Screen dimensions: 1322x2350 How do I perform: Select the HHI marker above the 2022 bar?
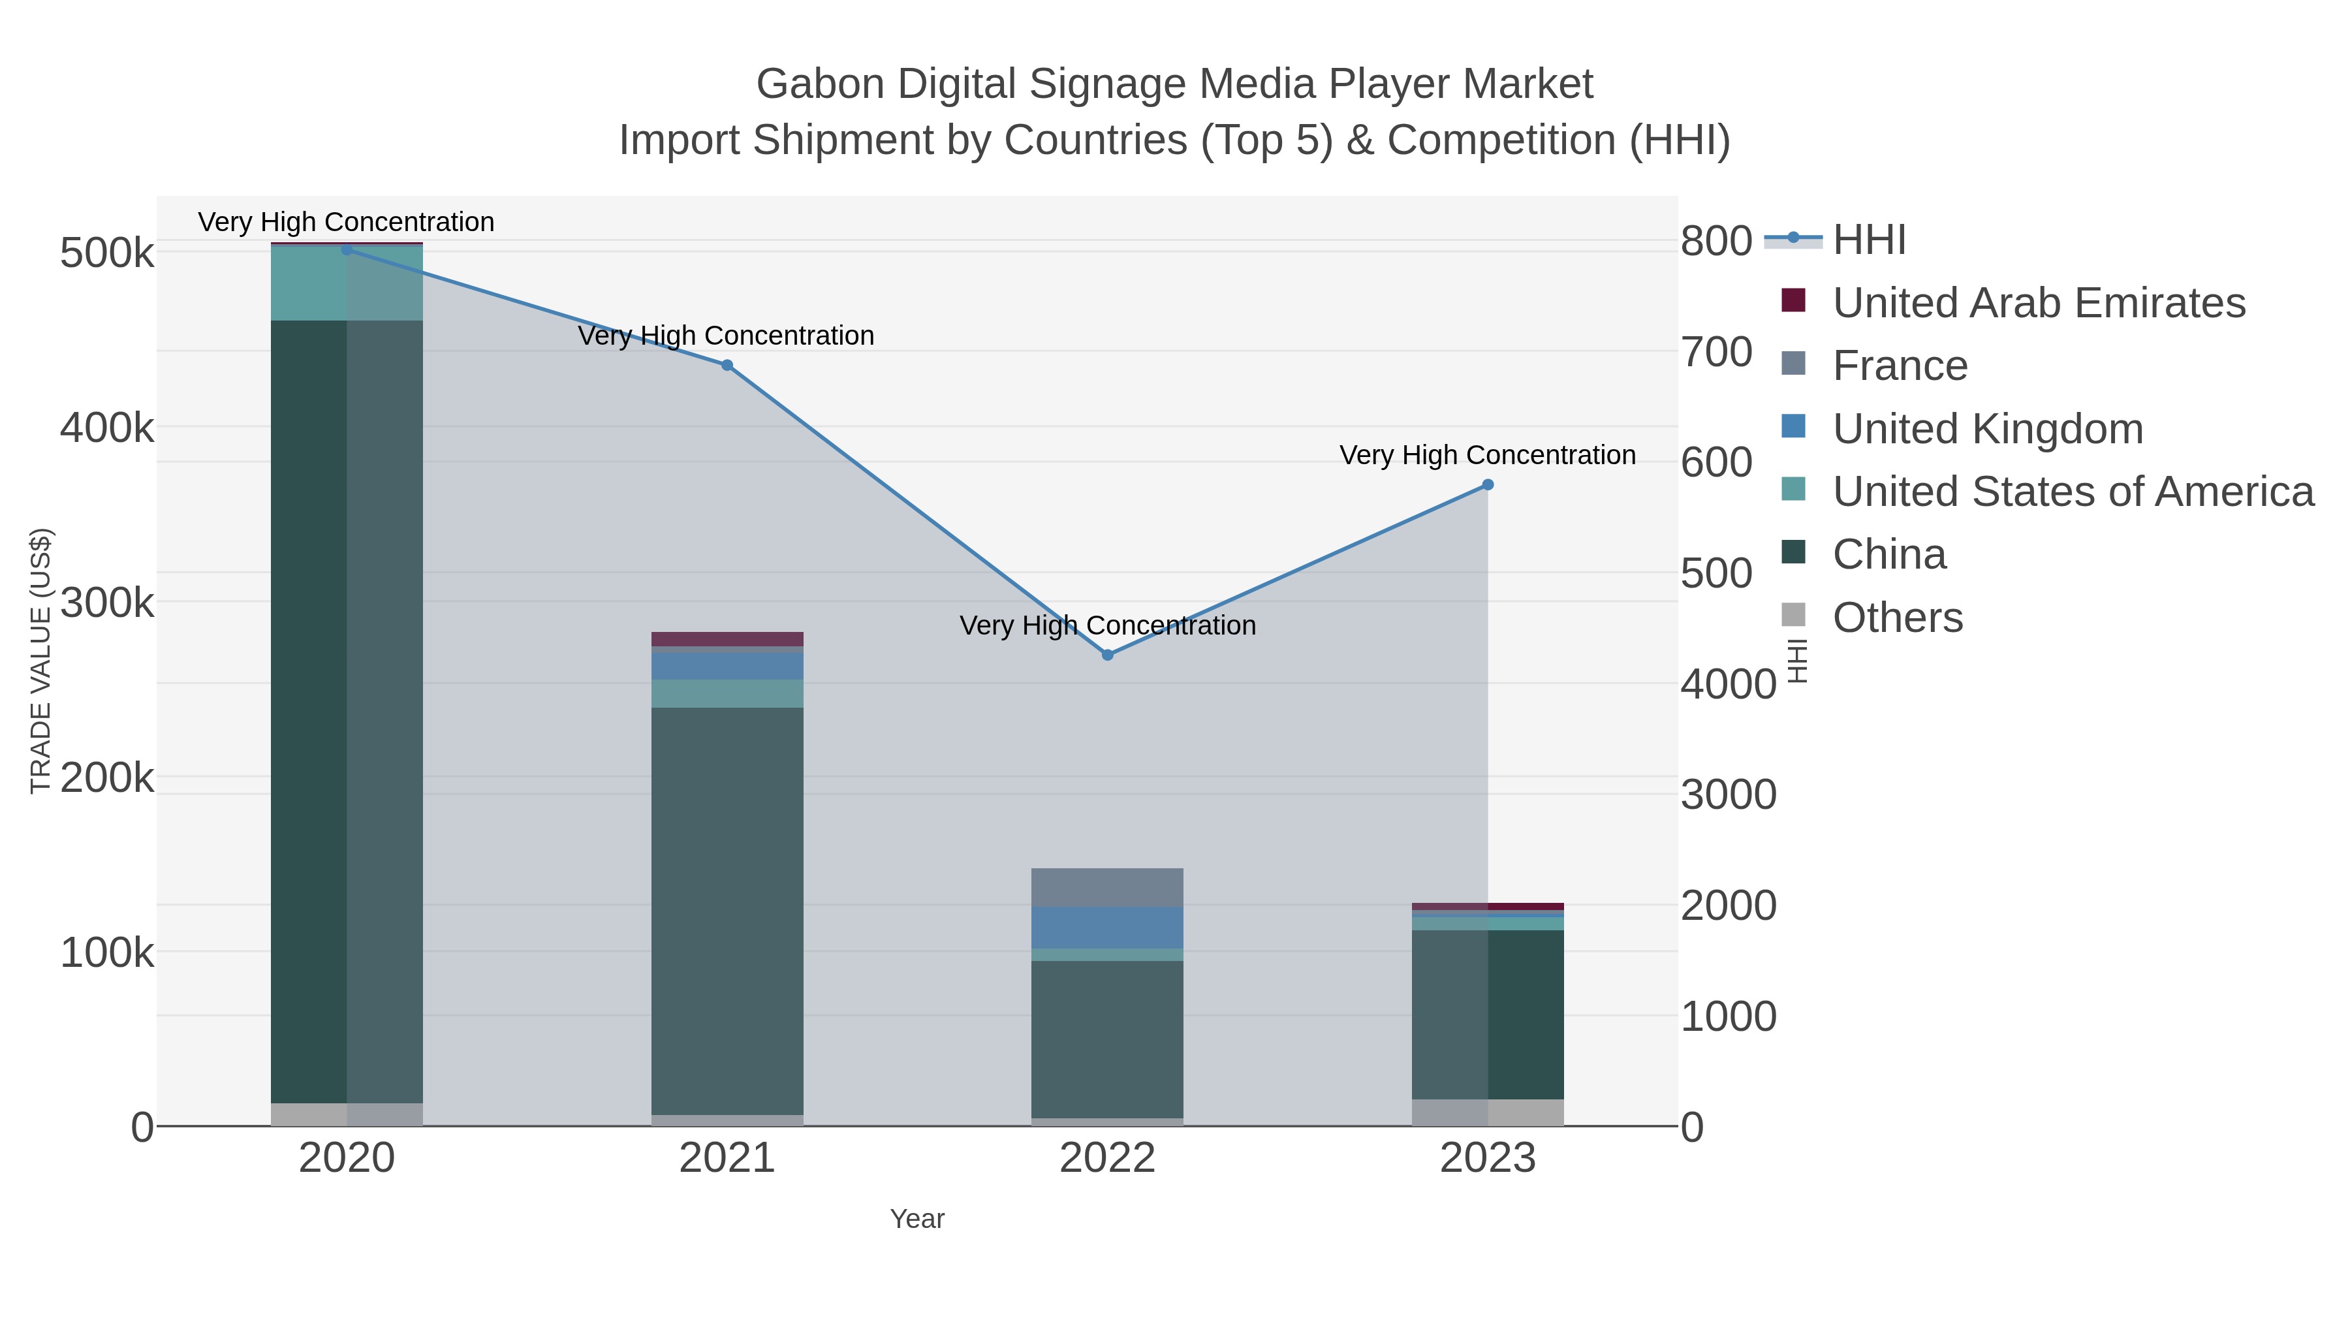[x=1108, y=654]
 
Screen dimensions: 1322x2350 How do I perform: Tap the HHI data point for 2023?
[x=1488, y=484]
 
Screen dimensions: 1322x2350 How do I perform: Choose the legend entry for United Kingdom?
[x=1987, y=429]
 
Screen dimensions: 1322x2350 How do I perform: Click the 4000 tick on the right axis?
[x=1728, y=684]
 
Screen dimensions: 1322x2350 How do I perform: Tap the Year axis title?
[x=917, y=1219]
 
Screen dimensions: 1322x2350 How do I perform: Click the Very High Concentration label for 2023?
[x=1487, y=455]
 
